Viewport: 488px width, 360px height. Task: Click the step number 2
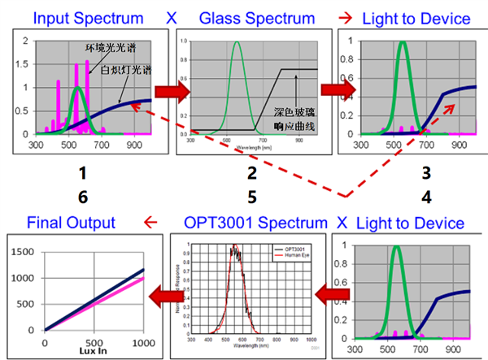click(x=252, y=172)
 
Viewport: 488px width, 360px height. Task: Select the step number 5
click(x=252, y=195)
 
